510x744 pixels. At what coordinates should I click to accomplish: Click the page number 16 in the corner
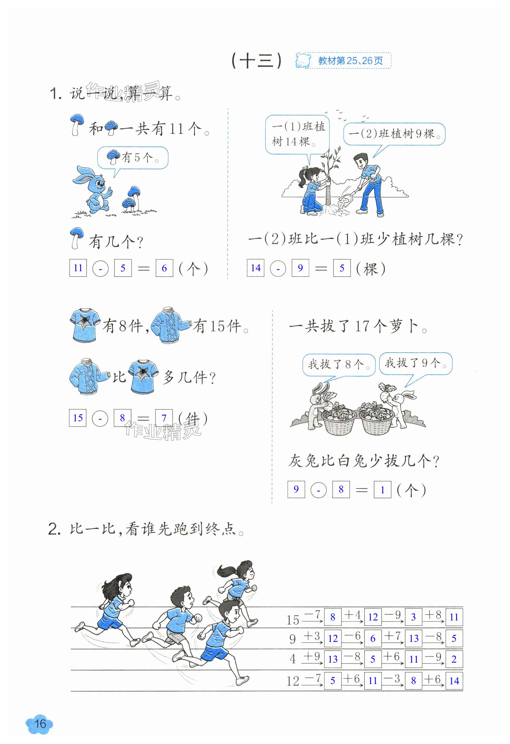coord(40,724)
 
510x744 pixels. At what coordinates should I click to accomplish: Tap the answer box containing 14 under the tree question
coord(255,268)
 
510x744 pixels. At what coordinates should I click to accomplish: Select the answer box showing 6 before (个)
coord(164,268)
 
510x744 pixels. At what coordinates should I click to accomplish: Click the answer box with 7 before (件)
coord(164,418)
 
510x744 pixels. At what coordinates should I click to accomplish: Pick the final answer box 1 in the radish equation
coord(382,489)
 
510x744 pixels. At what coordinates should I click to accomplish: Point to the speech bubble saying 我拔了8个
coord(339,364)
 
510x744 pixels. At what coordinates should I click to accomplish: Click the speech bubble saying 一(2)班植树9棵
coord(394,134)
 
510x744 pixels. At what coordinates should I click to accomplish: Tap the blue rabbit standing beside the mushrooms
coord(92,189)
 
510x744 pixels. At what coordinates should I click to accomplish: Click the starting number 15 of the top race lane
coord(293,620)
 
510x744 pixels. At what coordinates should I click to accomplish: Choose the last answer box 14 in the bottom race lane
coord(454,681)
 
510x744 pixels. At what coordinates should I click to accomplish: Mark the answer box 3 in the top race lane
coord(413,617)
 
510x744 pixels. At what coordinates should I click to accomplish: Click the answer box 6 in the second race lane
coord(373,638)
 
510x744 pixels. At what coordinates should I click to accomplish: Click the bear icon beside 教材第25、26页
coord(303,61)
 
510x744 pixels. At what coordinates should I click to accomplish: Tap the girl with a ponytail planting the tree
coord(310,190)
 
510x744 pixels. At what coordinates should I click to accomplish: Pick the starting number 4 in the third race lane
coord(293,659)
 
